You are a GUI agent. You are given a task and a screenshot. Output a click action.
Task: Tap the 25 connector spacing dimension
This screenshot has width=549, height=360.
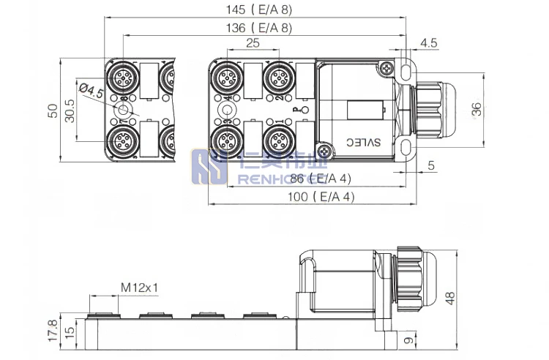[x=253, y=43]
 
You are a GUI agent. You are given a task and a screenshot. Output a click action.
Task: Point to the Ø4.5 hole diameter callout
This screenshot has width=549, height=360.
[x=91, y=93]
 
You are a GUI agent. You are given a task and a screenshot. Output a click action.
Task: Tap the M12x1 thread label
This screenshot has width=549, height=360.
[x=140, y=288]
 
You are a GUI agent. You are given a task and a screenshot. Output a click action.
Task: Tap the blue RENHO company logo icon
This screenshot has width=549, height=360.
[x=208, y=167]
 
